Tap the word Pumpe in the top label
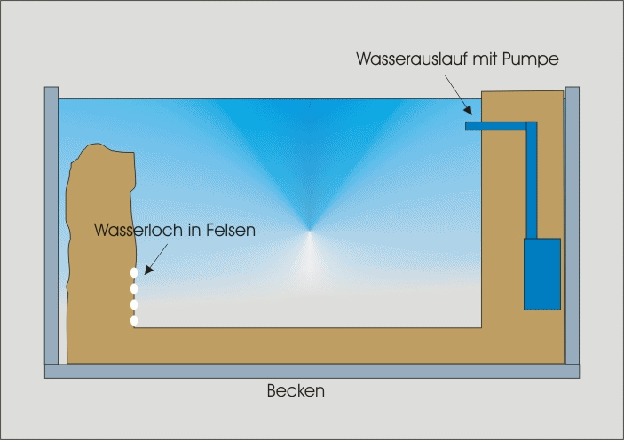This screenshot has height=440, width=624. point(535,59)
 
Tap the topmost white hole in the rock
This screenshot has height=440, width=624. point(134,273)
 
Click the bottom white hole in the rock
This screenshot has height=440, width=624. point(134,320)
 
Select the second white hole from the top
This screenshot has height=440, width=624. point(134,288)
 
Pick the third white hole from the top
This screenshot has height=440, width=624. point(134,305)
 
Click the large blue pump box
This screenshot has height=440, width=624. point(541,273)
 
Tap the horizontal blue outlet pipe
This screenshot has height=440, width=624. point(497,126)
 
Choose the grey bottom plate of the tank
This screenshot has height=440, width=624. point(312,371)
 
